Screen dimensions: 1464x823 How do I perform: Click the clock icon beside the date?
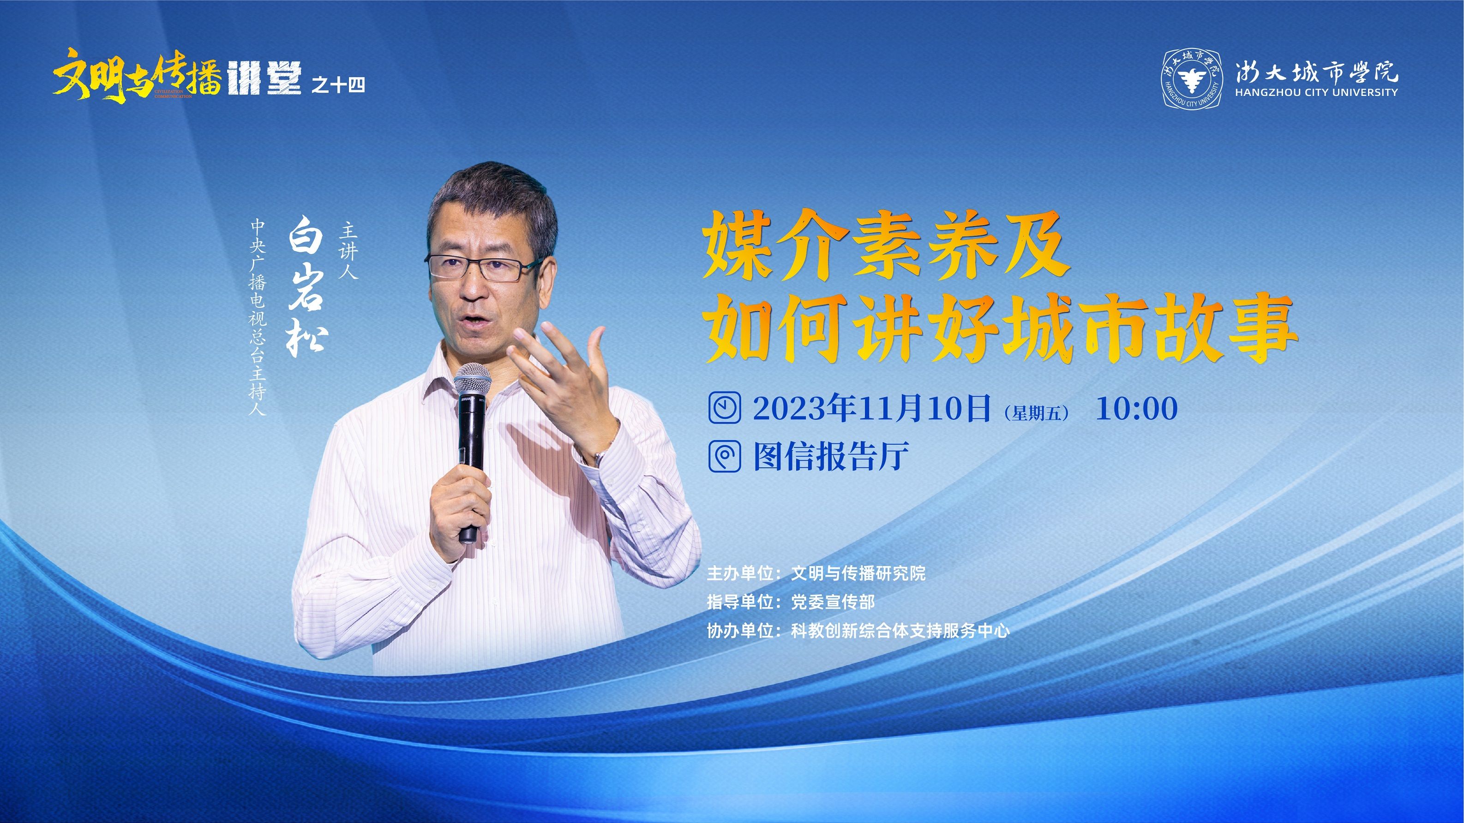(x=725, y=407)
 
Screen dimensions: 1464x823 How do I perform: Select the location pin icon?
(x=725, y=455)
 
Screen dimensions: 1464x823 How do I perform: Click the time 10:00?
(x=1137, y=408)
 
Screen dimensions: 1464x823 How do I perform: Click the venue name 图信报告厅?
(x=831, y=455)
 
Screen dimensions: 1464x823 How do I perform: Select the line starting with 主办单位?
(x=816, y=573)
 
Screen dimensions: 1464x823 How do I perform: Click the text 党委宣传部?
(x=833, y=602)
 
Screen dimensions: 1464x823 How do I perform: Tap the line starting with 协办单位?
(x=858, y=631)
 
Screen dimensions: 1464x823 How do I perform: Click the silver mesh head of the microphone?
(x=472, y=381)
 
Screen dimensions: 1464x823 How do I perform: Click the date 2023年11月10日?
(x=872, y=408)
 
